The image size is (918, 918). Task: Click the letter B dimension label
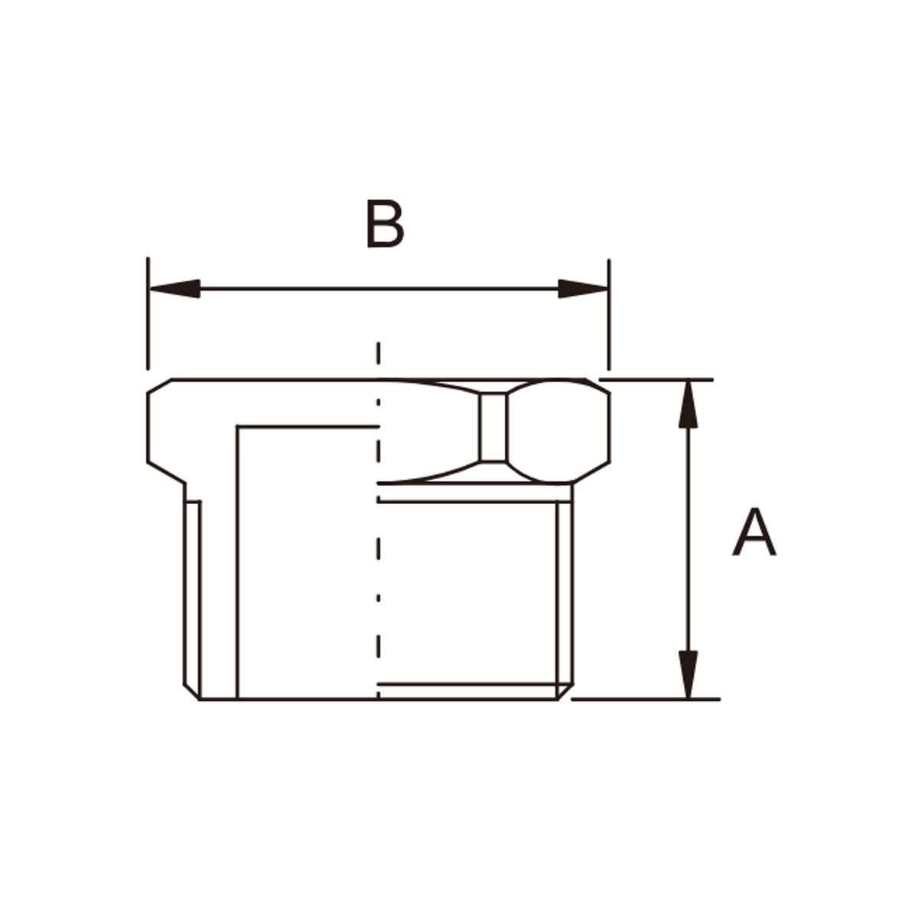point(386,224)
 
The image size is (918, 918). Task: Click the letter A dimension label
point(754,531)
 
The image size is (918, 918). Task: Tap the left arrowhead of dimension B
point(174,288)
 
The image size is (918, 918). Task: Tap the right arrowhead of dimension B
point(583,288)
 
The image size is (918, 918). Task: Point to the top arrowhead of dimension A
point(688,404)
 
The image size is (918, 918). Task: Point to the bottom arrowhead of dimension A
point(688,675)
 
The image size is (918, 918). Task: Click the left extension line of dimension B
point(148,314)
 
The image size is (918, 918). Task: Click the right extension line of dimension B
point(609,314)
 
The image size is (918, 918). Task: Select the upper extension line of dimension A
point(656,379)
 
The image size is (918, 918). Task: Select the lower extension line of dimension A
point(646,699)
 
